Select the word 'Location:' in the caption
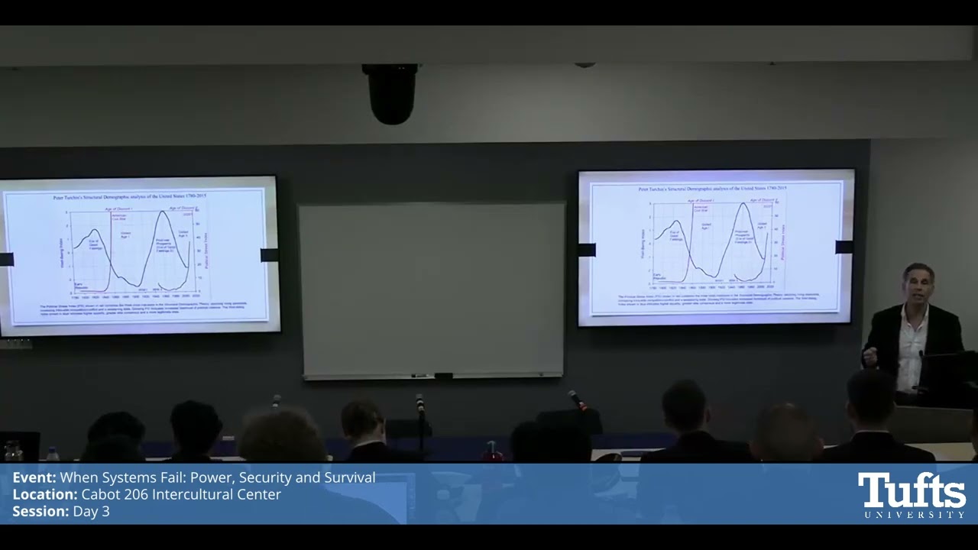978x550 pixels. coord(44,495)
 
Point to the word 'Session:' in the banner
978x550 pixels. coord(40,512)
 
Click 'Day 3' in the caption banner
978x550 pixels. coord(92,512)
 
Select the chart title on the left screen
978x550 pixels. coord(129,197)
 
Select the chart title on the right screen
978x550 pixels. coord(711,188)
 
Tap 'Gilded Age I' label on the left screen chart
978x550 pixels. coord(126,234)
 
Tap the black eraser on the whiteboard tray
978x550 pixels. coord(442,376)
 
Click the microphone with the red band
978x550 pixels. coord(577,400)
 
